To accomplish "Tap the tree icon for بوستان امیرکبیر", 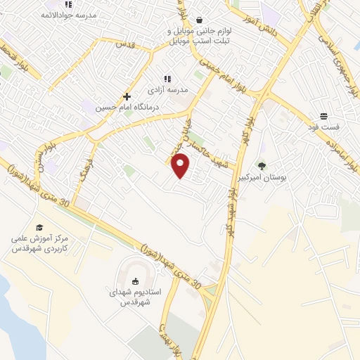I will [x=262, y=167].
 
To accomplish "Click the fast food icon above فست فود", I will [x=323, y=115].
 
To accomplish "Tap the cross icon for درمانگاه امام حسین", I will [x=127, y=96].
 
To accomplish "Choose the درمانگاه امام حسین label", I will [x=127, y=108].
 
